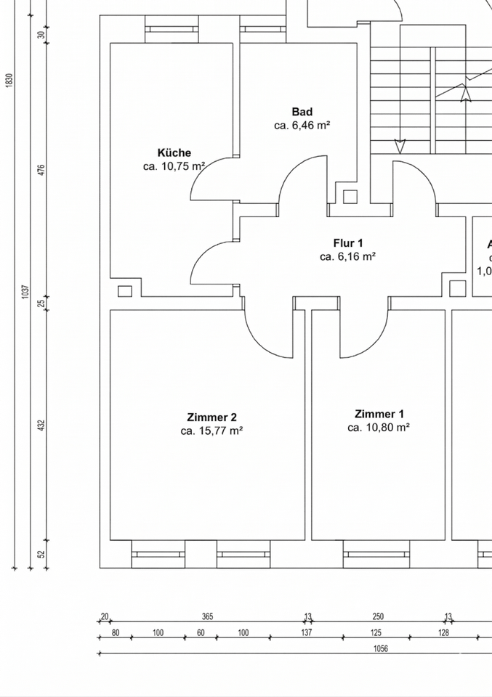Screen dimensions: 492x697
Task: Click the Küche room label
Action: [174, 152]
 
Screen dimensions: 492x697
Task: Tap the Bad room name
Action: [302, 112]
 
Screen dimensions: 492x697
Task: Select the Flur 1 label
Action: [348, 243]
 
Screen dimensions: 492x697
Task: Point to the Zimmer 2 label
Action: [211, 417]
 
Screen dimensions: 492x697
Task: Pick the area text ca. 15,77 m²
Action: [211, 431]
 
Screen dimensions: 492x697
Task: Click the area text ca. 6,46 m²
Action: [302, 126]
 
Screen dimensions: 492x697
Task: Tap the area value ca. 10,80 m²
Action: [379, 428]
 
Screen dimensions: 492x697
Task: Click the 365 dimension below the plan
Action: [207, 616]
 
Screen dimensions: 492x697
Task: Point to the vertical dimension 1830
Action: [9, 80]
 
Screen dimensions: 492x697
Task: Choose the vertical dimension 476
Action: [41, 170]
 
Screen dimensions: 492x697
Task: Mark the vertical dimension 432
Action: [41, 424]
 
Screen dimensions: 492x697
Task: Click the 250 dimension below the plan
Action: [378, 616]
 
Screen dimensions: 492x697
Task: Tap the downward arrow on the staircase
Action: [399, 145]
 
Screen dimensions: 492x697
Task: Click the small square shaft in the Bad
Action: [350, 196]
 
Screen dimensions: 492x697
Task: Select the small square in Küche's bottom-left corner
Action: [124, 291]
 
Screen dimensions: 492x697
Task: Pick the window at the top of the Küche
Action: [172, 29]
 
